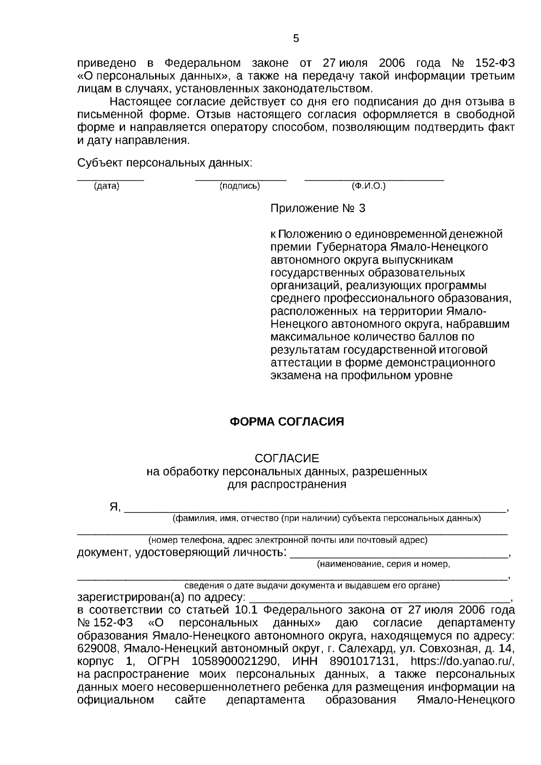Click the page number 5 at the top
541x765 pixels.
click(296, 39)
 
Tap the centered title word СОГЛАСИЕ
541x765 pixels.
click(287, 458)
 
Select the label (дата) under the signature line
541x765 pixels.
click(107, 186)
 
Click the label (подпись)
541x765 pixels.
click(239, 186)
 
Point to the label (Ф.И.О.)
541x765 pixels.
click(368, 186)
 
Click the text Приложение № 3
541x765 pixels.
click(317, 208)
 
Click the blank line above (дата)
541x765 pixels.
click(110, 180)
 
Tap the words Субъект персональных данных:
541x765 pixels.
click(165, 162)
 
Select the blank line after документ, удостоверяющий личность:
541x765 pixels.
click(399, 557)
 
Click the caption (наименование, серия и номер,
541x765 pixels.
click(383, 564)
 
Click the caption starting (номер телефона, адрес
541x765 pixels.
click(288, 540)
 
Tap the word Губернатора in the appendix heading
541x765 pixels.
click(350, 247)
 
